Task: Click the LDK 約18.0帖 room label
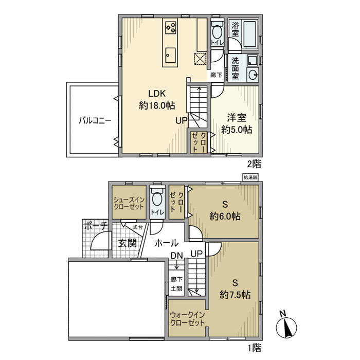tap(156, 100)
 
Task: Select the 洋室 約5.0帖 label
tap(237, 123)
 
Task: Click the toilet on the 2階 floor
tap(217, 33)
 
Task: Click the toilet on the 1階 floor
tap(157, 200)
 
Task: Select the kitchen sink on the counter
tap(171, 56)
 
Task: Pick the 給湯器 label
tap(249, 178)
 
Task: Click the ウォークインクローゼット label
tap(187, 319)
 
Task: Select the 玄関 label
tap(127, 243)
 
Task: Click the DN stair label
tap(176, 256)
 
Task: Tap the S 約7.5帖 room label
tap(235, 289)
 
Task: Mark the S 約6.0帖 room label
tap(225, 211)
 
